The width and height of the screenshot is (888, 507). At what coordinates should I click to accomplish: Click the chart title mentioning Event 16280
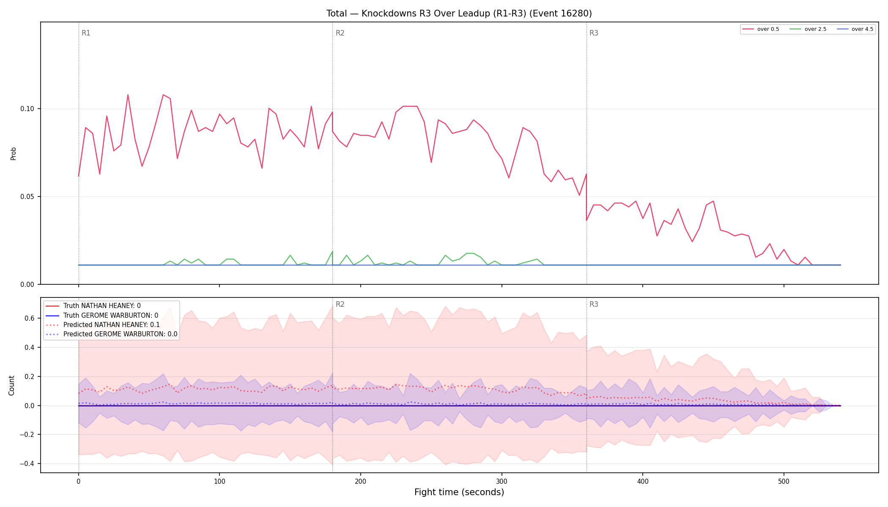(x=459, y=14)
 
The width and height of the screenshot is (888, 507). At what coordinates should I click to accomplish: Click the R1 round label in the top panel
(x=86, y=33)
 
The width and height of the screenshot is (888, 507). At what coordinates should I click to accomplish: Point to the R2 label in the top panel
(x=340, y=33)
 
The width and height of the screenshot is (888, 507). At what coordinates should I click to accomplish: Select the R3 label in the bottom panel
(x=594, y=304)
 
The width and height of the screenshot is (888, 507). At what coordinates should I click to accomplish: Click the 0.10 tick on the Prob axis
(x=27, y=109)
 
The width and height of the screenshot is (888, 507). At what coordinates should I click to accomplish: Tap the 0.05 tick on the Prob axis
(x=27, y=196)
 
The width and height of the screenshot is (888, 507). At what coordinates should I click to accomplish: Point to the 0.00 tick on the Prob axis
(x=27, y=284)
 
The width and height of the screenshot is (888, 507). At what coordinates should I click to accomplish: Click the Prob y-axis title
(x=13, y=153)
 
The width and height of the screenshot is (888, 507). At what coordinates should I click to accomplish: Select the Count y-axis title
(x=11, y=385)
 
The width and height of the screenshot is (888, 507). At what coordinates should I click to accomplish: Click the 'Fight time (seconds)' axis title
(x=459, y=492)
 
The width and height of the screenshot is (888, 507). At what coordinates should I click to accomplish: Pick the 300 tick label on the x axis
(x=502, y=481)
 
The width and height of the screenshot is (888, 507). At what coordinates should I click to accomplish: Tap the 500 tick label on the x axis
(x=784, y=481)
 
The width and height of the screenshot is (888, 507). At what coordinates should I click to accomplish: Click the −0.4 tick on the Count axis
(x=26, y=463)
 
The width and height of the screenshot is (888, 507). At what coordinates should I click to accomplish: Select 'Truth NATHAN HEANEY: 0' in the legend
(x=102, y=306)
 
